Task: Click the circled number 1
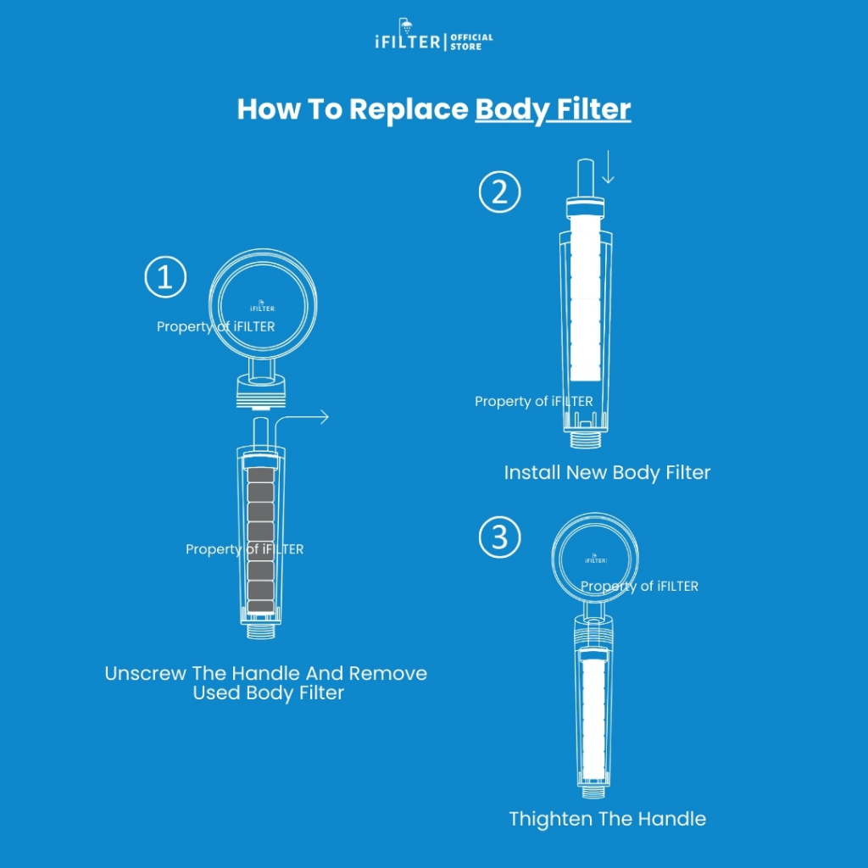[165, 277]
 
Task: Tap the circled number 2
[499, 192]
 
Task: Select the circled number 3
[499, 537]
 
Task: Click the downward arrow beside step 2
[608, 166]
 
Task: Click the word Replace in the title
[409, 109]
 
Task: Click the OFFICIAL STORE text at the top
[471, 42]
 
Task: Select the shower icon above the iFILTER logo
[406, 25]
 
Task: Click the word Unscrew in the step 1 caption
[145, 673]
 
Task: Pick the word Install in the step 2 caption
[532, 472]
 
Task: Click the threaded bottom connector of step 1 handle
[261, 631]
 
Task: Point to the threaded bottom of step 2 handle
[585, 440]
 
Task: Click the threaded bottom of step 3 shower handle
[593, 792]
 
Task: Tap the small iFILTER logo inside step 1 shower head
[262, 307]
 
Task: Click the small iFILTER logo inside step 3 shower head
[595, 559]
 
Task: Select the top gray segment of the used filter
[261, 475]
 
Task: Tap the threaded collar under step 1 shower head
[261, 392]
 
